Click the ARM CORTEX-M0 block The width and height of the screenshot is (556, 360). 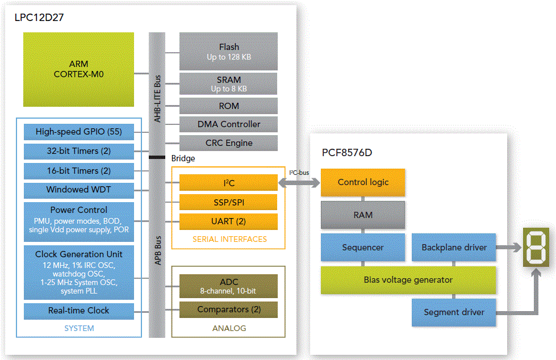[78, 69]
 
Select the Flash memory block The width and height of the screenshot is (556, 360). [228, 52]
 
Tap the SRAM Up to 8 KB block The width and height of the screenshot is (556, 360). [228, 84]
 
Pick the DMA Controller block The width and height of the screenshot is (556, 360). [228, 124]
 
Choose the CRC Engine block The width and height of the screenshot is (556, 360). [228, 143]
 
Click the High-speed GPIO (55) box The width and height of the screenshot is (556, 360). [78, 132]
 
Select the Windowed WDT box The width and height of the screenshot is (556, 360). [78, 189]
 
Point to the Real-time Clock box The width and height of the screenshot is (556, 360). [78, 311]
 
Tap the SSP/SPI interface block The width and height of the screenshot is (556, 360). [228, 202]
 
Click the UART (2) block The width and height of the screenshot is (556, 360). [228, 221]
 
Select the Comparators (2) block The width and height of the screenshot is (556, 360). [228, 309]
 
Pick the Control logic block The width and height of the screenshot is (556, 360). [363, 182]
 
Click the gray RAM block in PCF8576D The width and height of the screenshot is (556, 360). [363, 215]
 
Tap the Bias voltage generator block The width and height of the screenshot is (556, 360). [408, 279]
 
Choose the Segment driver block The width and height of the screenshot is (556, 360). [454, 312]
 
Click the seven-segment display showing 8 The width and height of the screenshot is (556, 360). [535, 247]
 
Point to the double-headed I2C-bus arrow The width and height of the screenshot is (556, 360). [299, 183]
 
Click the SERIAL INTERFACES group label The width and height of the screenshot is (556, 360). [229, 239]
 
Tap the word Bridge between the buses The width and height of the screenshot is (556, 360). [183, 158]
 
